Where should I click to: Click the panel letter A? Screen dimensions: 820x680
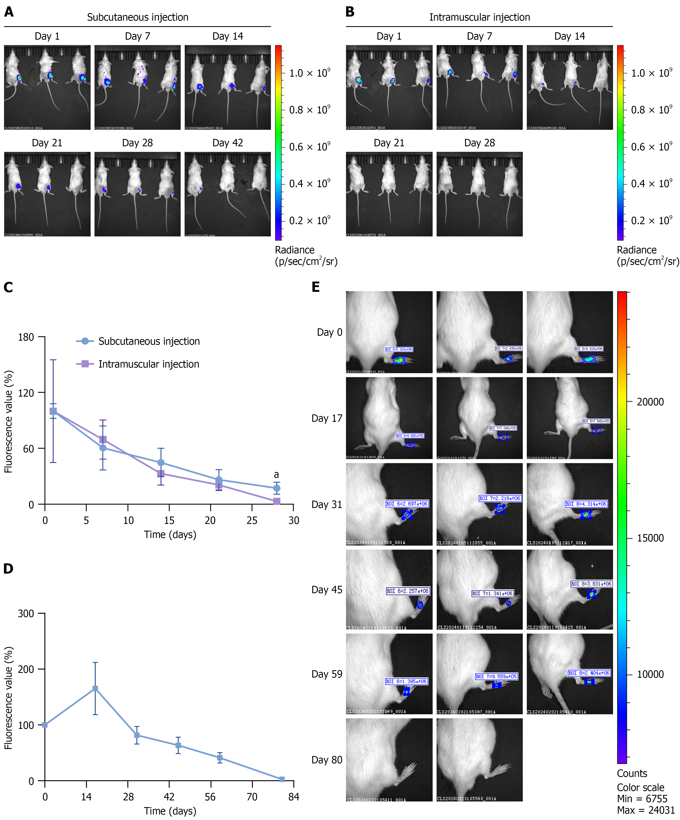(x=9, y=12)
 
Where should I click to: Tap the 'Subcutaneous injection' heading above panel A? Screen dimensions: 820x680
(x=137, y=17)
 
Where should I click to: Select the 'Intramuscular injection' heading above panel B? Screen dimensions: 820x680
(x=479, y=17)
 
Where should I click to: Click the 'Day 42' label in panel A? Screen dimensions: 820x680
(x=228, y=143)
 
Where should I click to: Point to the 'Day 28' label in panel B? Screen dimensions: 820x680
(x=479, y=143)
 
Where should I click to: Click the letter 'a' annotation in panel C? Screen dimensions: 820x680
(x=276, y=475)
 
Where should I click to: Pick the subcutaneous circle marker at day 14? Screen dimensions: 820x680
(x=161, y=463)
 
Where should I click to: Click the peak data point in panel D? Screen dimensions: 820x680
(x=95, y=688)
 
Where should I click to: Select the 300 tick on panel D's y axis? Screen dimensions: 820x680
(x=26, y=613)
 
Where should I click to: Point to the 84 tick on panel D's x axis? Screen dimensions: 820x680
(x=294, y=797)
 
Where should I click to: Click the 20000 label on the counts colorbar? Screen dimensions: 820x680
(x=650, y=402)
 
